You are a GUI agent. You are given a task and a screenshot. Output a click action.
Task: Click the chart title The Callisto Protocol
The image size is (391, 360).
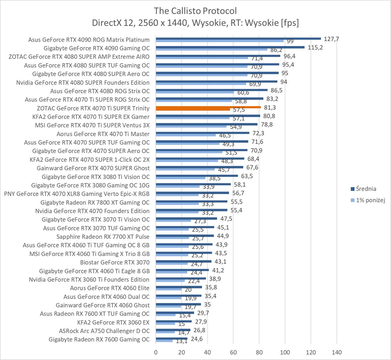point(195,11)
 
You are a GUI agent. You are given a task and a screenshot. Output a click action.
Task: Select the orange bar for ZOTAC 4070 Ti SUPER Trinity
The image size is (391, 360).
point(208,107)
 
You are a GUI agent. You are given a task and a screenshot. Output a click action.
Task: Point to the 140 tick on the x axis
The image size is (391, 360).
point(337,352)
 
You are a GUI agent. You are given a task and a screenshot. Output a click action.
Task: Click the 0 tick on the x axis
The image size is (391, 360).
point(156,352)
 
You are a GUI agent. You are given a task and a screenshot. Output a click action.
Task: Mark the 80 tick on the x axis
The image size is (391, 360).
point(259,352)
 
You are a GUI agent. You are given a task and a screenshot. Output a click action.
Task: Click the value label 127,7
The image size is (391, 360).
point(331,39)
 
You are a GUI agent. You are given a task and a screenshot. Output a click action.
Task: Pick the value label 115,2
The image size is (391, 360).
point(315,47)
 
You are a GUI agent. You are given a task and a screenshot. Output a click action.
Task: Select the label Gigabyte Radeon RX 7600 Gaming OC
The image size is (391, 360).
point(99,340)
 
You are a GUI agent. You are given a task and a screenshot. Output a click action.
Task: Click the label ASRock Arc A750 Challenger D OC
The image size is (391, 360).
point(104,331)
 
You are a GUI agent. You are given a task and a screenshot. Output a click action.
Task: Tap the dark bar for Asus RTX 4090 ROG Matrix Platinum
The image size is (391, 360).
point(238,39)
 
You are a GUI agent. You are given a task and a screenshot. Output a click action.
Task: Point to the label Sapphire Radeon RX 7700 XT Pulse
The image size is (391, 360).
point(103,237)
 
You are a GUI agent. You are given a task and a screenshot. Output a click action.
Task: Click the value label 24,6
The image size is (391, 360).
point(197,339)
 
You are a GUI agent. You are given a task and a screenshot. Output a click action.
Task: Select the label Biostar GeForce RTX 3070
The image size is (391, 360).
point(115,262)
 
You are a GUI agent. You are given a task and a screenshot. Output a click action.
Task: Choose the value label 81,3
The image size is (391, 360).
point(270,108)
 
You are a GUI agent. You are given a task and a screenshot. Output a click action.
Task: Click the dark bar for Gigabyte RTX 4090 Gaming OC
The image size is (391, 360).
point(230,47)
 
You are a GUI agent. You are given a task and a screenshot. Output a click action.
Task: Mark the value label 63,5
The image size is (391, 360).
point(247,176)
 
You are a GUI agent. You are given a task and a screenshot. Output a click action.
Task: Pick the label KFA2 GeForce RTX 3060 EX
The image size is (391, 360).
point(113,322)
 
